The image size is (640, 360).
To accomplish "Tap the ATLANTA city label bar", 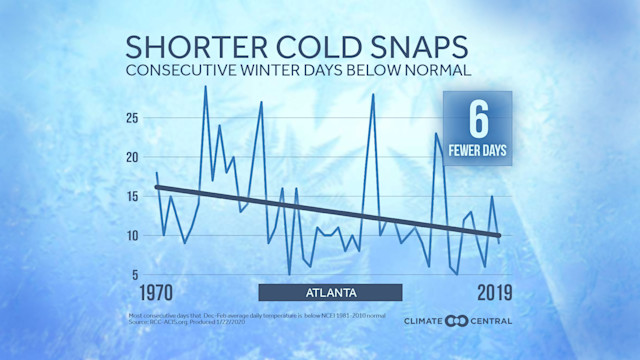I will [x=330, y=293].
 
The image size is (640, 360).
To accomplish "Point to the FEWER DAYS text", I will [x=477, y=155].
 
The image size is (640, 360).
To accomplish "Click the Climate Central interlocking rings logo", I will [x=456, y=321].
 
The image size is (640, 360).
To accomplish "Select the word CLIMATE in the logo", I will [x=424, y=321].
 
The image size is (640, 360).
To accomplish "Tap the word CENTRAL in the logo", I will [x=490, y=321].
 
